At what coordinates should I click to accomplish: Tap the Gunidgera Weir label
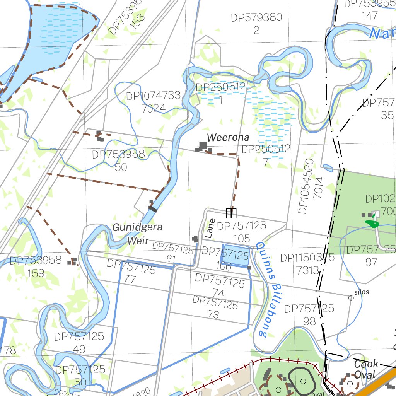point(137,234)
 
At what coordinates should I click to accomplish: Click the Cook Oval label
point(365,369)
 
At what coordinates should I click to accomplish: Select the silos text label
point(362,292)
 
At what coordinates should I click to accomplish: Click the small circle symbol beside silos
point(351,298)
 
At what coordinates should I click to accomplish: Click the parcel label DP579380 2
point(256,24)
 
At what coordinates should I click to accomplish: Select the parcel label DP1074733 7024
point(154,102)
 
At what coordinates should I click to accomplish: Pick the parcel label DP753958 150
point(118,160)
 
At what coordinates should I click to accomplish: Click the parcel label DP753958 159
point(36,266)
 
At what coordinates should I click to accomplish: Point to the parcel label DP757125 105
point(241,232)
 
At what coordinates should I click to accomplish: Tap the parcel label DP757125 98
point(309,314)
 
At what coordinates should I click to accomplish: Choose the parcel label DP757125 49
point(79,343)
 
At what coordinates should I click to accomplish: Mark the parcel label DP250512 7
point(266,155)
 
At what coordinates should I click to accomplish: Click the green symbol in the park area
point(372,224)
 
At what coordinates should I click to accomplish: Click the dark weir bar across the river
point(153,209)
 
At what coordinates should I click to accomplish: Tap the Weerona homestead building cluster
point(203,147)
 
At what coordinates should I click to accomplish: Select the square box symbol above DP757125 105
point(231,213)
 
